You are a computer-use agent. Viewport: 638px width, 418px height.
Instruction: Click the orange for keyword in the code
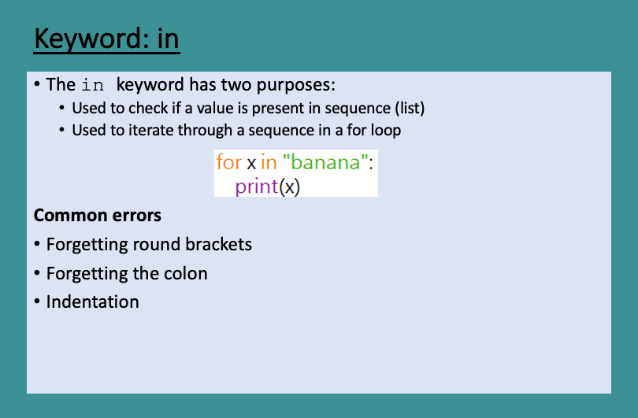click(x=228, y=163)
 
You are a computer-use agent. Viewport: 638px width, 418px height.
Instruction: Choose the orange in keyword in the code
click(x=269, y=163)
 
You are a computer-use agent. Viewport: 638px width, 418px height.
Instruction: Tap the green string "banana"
click(x=325, y=163)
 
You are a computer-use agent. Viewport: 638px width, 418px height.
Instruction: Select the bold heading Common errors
click(x=98, y=216)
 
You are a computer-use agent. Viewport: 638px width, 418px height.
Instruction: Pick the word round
click(x=156, y=245)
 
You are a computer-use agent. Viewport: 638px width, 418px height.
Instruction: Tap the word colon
click(x=184, y=274)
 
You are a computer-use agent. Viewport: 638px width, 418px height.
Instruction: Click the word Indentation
click(x=93, y=301)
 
